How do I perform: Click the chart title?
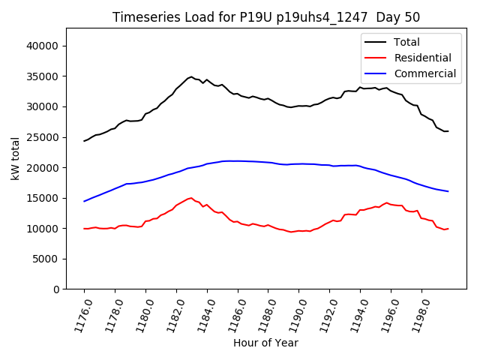[x=266, y=17]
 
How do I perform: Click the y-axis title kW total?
[x=16, y=158]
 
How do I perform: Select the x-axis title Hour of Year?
[x=265, y=343]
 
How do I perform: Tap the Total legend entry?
[x=406, y=42]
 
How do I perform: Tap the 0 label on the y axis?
[x=56, y=289]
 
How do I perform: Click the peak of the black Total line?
[x=191, y=76]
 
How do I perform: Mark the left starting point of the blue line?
[x=84, y=201]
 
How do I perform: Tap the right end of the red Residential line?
[x=448, y=229]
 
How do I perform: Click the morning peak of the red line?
[x=191, y=198]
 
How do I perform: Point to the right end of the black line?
[x=448, y=131]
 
